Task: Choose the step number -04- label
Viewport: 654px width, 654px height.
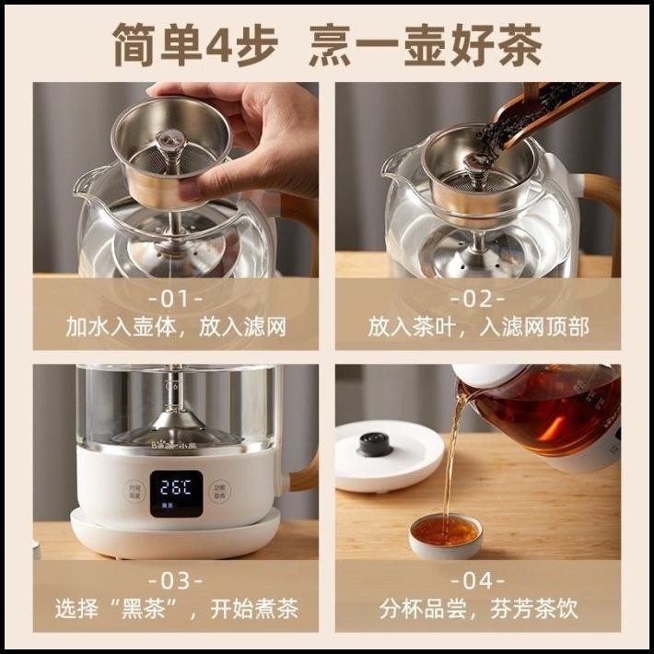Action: click(x=477, y=579)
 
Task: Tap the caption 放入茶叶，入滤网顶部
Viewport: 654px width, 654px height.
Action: click(x=477, y=327)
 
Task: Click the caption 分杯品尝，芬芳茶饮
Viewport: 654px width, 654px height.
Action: click(x=477, y=609)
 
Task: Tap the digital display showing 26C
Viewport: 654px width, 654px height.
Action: click(x=176, y=488)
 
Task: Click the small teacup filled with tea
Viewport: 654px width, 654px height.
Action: click(x=445, y=533)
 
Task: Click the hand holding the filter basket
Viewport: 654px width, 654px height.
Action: click(x=249, y=129)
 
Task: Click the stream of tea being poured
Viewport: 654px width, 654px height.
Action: click(x=451, y=461)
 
